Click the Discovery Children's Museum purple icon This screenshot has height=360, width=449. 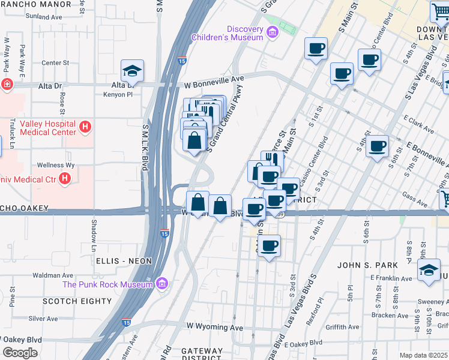point(272,31)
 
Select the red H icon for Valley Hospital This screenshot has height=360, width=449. point(86,127)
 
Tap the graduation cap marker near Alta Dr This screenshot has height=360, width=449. point(132,72)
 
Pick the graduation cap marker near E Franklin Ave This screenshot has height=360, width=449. point(429,270)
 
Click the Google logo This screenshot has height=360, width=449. point(20,352)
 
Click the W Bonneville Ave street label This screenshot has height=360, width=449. point(214,79)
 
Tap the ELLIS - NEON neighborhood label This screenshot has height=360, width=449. point(124,261)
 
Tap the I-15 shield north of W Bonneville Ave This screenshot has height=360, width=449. point(182,60)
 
